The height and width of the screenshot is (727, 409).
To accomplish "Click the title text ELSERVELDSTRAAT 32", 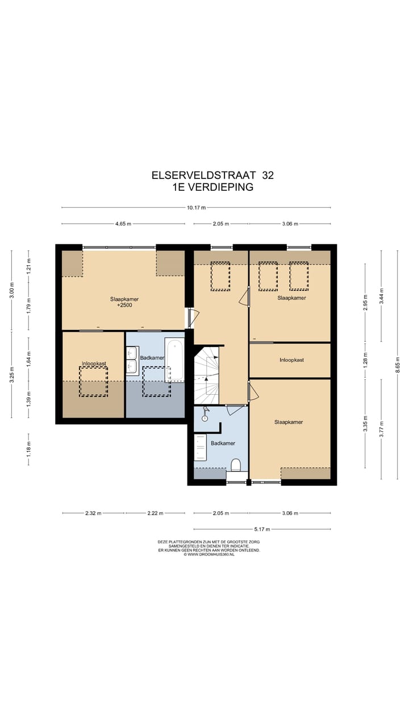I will (x=212, y=176).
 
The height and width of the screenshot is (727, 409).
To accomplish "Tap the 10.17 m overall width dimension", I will (x=196, y=207).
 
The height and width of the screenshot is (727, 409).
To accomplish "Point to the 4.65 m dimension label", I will (x=123, y=224).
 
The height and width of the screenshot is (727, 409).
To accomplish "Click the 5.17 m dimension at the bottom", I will (x=262, y=529).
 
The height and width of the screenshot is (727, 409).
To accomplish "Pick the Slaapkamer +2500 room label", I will (x=124, y=302).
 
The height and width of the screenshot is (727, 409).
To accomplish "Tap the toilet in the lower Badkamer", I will (x=236, y=466).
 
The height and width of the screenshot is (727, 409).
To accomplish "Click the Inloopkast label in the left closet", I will (x=94, y=363).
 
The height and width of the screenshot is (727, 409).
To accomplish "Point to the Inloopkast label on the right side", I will (x=291, y=360).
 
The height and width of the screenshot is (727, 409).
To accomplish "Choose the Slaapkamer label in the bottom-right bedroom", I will (x=289, y=422).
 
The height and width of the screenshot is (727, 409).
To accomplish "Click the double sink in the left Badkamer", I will (x=132, y=361).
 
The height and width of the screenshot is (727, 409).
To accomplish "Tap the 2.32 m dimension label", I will (x=93, y=513).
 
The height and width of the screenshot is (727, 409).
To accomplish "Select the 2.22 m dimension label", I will (x=155, y=513).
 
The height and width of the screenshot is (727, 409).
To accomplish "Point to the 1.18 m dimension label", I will (x=29, y=448).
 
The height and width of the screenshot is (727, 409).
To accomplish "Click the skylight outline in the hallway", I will (x=220, y=276).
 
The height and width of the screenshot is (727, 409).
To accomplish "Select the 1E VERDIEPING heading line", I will (x=212, y=187).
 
